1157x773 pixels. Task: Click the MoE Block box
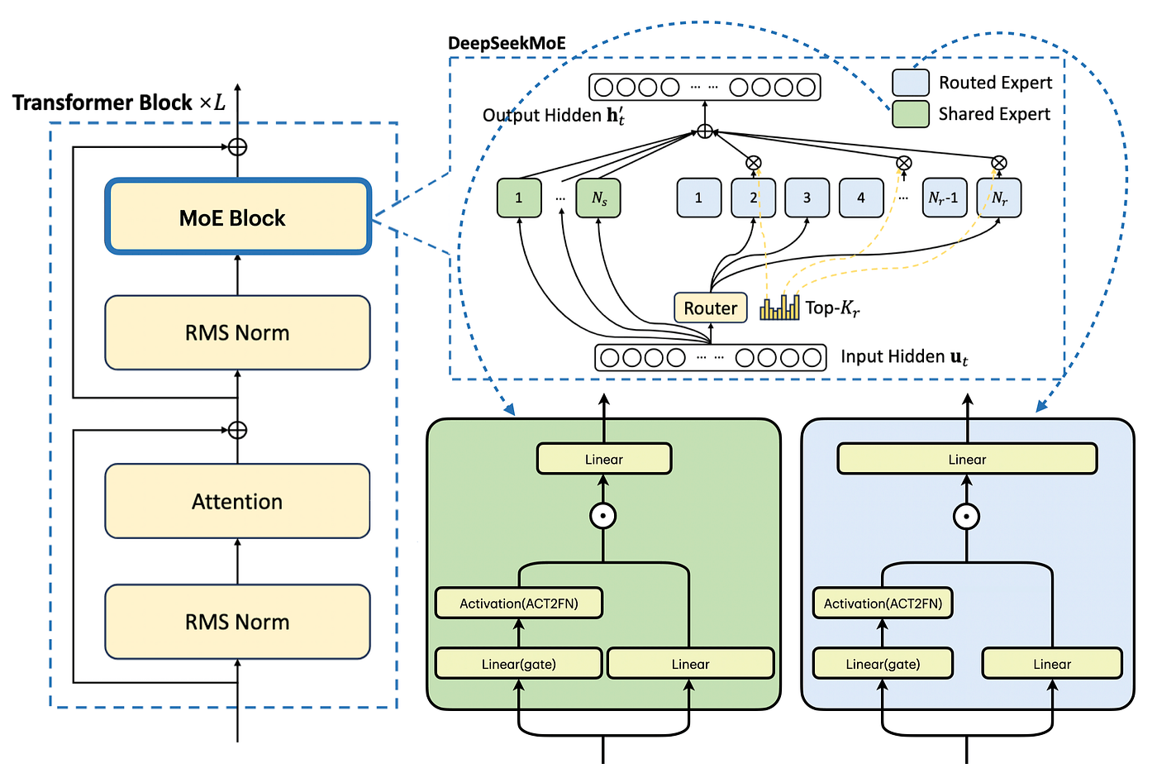(x=238, y=217)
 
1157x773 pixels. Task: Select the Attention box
(x=237, y=501)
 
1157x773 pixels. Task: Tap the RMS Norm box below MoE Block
(x=237, y=332)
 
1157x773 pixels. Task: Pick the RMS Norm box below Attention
(x=237, y=622)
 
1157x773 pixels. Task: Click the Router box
(x=710, y=308)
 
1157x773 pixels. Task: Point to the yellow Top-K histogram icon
(x=779, y=308)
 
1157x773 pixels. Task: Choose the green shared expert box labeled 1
(x=519, y=198)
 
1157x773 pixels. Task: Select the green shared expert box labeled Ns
(x=598, y=198)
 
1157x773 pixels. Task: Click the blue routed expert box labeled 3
(x=807, y=198)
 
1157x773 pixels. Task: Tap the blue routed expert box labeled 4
(x=861, y=198)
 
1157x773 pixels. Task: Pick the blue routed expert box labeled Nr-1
(x=944, y=198)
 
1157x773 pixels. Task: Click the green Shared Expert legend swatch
(x=911, y=114)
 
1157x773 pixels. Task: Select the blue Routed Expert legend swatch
(x=911, y=83)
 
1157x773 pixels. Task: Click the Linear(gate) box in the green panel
(x=519, y=664)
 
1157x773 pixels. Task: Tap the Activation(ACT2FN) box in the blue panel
(x=883, y=604)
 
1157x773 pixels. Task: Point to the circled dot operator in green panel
(x=603, y=516)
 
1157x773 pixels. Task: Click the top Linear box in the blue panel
(x=967, y=459)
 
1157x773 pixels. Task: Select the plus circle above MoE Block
(x=237, y=147)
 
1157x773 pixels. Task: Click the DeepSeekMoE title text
(x=507, y=43)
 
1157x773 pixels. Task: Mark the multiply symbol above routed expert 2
(x=753, y=163)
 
